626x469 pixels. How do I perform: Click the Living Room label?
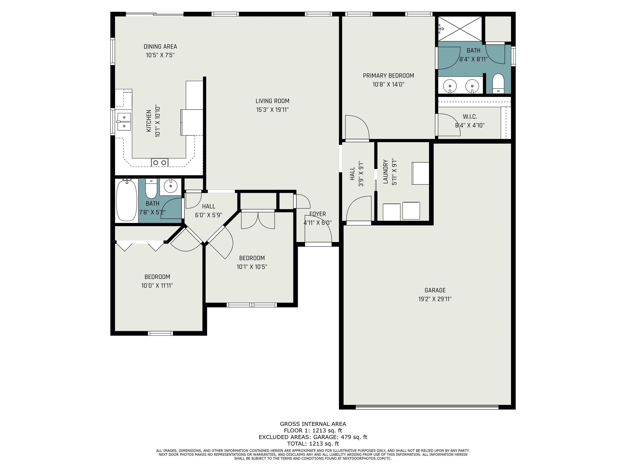(272, 101)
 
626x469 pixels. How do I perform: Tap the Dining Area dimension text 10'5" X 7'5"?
(160, 55)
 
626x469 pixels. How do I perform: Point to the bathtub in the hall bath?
(127, 201)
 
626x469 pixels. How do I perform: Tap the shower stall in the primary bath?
(460, 29)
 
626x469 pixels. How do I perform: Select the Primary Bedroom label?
(388, 76)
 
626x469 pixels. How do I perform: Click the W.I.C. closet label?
(470, 116)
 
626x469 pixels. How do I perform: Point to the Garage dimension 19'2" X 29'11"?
(435, 299)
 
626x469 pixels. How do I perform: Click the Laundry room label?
(386, 172)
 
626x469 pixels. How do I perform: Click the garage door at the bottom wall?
(427, 407)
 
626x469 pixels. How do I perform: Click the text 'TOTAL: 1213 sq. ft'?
(313, 444)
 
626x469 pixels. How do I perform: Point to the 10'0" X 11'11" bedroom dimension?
(157, 286)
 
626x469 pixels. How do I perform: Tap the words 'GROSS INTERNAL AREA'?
(313, 424)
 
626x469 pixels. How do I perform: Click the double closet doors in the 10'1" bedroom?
(258, 220)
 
